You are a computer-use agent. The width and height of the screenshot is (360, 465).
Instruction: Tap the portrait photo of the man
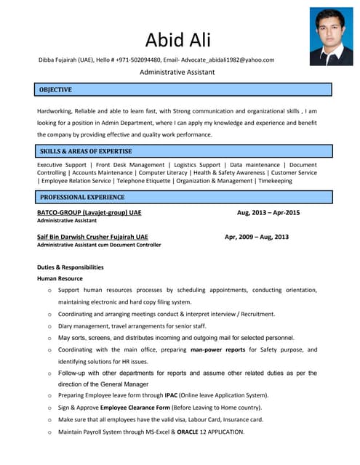[331, 36]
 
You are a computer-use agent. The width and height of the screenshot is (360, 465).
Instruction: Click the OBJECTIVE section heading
[55, 89]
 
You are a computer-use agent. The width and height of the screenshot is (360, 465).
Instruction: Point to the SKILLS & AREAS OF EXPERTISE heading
[86, 151]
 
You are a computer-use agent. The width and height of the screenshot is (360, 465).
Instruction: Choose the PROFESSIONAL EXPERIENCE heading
[82, 197]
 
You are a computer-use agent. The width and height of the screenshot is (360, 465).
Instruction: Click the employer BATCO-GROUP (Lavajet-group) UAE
[89, 213]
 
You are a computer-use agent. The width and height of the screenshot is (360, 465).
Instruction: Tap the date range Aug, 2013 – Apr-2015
[268, 213]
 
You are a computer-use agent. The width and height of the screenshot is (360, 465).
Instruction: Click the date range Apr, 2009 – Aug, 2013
[256, 237]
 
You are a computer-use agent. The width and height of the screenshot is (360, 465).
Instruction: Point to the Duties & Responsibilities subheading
[70, 267]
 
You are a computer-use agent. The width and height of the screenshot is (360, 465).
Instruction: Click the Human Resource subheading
[60, 278]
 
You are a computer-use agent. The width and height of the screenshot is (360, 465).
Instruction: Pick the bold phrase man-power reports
[217, 349]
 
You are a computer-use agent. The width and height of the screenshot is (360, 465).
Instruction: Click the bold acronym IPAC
[171, 395]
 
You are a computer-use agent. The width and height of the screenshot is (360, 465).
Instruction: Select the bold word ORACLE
[187, 432]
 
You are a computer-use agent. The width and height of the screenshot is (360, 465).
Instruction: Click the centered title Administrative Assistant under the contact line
[177, 73]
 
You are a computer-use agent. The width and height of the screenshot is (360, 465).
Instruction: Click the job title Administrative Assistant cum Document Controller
[99, 245]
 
